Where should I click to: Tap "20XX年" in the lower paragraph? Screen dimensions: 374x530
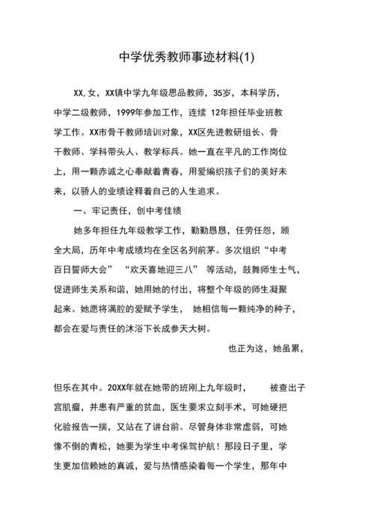pos(124,387)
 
